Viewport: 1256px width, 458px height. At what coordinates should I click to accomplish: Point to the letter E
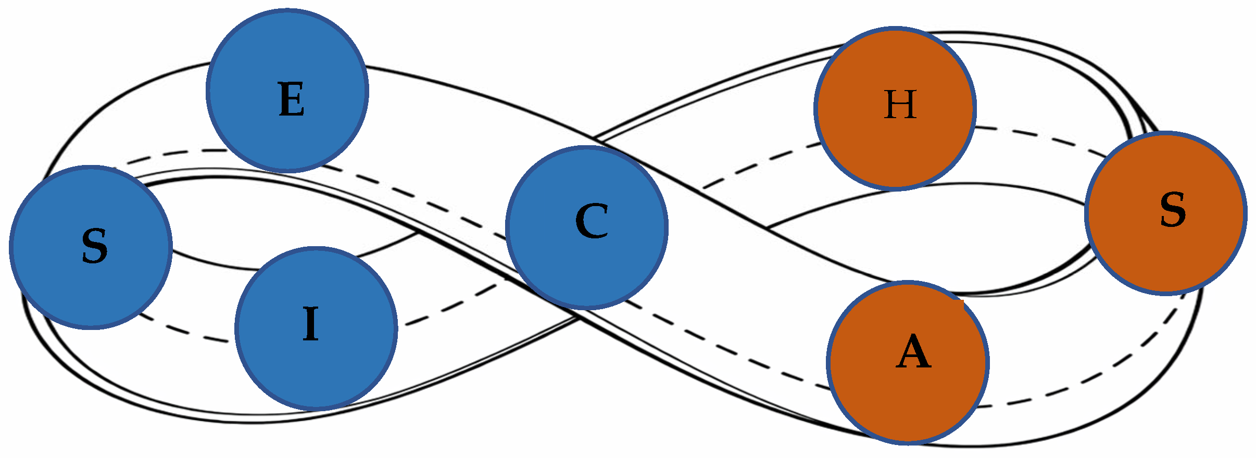point(292,100)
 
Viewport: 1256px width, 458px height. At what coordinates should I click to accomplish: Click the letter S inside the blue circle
point(95,246)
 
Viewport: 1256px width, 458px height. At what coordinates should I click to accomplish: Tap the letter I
point(311,324)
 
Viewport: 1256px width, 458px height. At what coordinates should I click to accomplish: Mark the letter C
point(592,221)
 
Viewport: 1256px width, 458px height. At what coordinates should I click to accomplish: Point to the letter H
point(900,105)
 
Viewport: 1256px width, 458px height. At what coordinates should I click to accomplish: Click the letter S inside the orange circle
point(1173,209)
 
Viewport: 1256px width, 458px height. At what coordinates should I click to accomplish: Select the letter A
point(913,352)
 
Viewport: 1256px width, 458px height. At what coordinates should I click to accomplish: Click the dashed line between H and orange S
point(1036,136)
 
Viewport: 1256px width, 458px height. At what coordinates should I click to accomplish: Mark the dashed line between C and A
point(729,348)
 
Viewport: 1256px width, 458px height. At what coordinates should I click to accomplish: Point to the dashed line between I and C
point(453,304)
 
